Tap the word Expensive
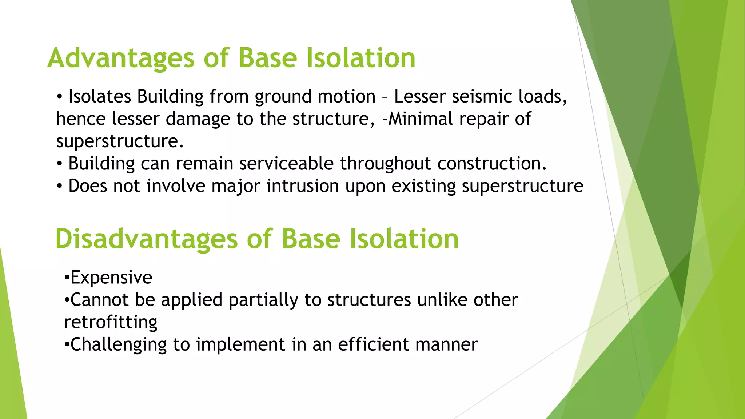click(111, 278)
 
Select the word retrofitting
click(111, 322)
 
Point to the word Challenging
click(119, 345)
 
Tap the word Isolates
click(100, 97)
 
